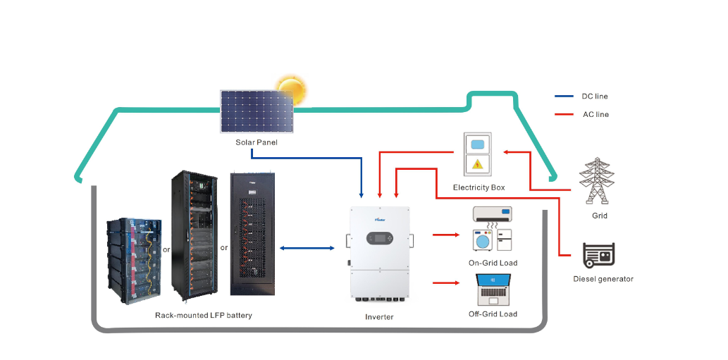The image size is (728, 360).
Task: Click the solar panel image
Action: [257, 111]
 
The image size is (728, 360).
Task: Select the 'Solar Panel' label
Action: [257, 142]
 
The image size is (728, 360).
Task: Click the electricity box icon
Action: [478, 154]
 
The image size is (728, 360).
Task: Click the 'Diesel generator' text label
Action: [603, 279]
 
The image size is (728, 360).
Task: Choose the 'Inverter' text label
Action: [379, 317]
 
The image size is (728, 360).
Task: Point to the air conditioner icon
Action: [492, 213]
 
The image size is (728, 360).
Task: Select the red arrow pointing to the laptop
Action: [445, 284]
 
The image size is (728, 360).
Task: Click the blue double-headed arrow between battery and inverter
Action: [307, 248]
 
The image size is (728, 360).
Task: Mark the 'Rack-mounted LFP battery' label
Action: [203, 316]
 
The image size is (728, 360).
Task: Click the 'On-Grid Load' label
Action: [493, 263]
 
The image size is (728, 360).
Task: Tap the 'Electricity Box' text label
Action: [479, 187]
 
